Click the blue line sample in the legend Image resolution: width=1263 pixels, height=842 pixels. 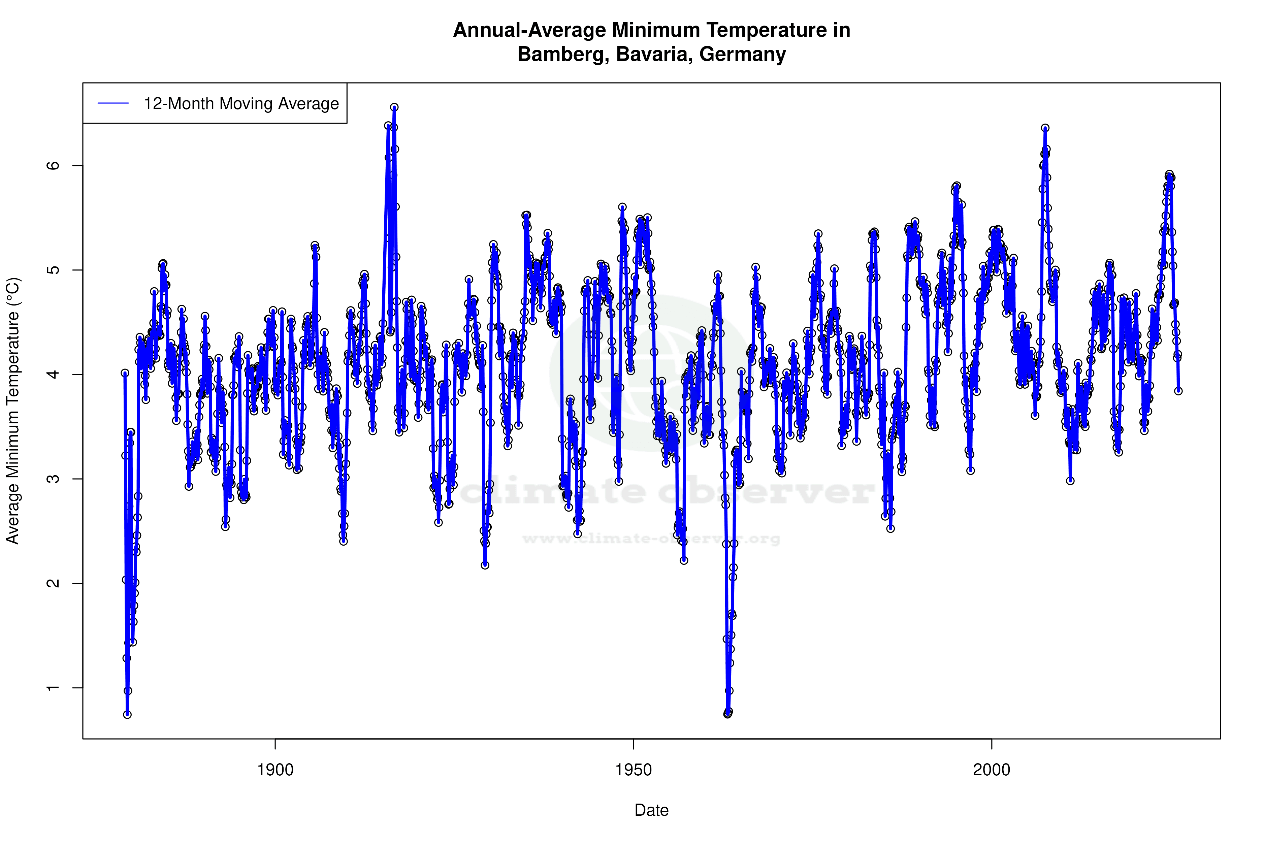point(113,103)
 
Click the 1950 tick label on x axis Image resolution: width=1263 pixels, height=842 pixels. point(633,770)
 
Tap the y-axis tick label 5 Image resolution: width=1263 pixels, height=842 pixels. point(53,270)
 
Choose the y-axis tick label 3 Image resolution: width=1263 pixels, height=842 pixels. point(53,479)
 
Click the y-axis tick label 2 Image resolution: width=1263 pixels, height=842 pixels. point(53,583)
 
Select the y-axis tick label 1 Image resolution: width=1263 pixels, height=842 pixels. point(53,688)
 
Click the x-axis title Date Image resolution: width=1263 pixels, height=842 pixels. point(651,810)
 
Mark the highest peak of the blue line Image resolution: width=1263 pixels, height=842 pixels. point(394,107)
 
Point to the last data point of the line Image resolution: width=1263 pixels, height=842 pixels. point(1178,391)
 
